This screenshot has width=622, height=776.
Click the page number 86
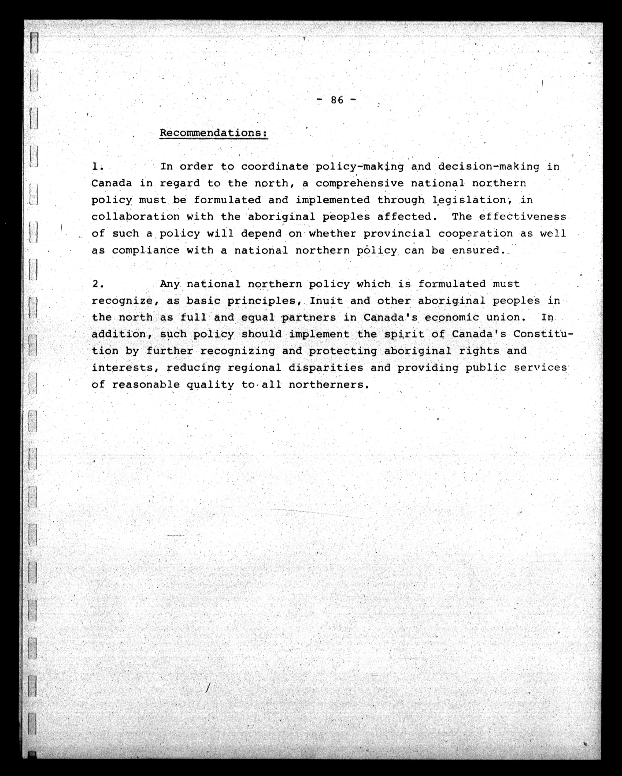(337, 100)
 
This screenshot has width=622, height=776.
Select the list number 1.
(97, 167)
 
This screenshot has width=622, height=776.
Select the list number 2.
(97, 284)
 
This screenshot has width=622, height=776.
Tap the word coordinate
(275, 167)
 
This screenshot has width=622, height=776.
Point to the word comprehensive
(360, 184)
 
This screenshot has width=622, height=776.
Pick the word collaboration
(135, 217)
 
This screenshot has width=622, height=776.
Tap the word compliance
(146, 250)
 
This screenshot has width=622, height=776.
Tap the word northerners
(329, 385)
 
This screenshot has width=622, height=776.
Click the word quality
(210, 385)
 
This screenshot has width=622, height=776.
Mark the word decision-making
(488, 167)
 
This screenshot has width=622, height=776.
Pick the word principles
(264, 301)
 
